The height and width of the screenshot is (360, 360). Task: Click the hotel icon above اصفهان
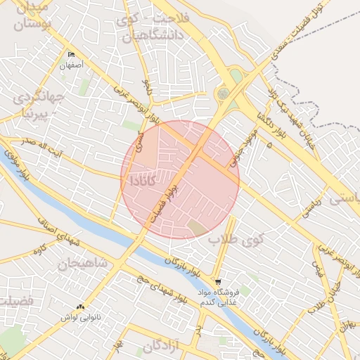pos(71,55)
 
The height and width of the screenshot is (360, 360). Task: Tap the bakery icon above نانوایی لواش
pos(79,307)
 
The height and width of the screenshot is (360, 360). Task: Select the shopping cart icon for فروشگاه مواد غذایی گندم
pos(218,281)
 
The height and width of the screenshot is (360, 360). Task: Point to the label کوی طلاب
pos(230,240)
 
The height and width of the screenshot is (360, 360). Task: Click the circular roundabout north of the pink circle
pos(224,94)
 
